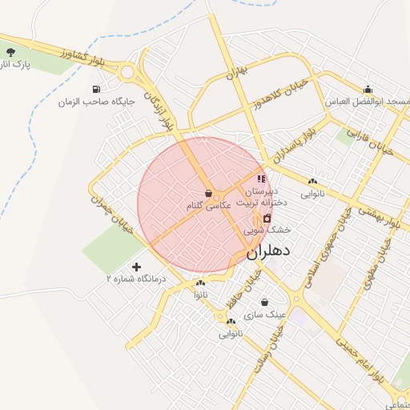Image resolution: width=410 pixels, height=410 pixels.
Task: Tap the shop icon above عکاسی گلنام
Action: (209, 194)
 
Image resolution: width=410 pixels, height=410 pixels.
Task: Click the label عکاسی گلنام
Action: (208, 206)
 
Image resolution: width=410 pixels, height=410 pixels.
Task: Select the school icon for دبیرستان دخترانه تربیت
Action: (261, 179)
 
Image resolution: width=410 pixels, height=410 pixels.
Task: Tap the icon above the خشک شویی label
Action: (267, 218)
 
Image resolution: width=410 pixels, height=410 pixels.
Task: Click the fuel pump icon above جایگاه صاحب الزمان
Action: (97, 90)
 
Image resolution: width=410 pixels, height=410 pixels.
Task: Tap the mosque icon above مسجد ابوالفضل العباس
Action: (368, 90)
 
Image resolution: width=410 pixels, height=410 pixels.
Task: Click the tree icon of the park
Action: (10, 52)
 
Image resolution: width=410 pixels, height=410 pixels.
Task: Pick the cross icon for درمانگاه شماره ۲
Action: (136, 267)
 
